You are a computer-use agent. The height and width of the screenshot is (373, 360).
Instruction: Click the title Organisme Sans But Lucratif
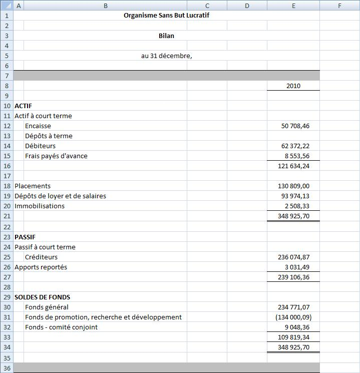pyautogui.click(x=166, y=16)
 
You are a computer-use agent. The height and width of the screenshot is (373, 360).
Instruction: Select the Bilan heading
pyautogui.click(x=166, y=36)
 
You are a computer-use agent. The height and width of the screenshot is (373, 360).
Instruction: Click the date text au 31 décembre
pyautogui.click(x=166, y=56)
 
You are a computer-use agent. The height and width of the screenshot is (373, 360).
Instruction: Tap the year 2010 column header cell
pyautogui.click(x=293, y=86)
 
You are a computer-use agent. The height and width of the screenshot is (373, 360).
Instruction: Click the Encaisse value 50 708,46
pyautogui.click(x=295, y=126)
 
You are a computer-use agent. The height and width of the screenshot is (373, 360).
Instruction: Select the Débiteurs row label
pyautogui.click(x=40, y=146)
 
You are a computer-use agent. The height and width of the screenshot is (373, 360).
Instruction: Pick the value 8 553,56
pyautogui.click(x=296, y=156)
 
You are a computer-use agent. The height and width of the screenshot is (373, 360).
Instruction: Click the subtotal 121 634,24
pyautogui.click(x=293, y=166)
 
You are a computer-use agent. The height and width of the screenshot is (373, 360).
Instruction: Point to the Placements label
pyautogui.click(x=33, y=186)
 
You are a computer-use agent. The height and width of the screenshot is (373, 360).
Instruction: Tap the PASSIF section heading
pyautogui.click(x=25, y=237)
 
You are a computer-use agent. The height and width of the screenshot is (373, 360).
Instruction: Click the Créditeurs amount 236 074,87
pyautogui.click(x=293, y=257)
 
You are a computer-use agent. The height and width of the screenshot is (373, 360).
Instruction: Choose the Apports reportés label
pyautogui.click(x=41, y=267)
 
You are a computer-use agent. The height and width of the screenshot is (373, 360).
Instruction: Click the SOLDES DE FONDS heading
pyautogui.click(x=42, y=297)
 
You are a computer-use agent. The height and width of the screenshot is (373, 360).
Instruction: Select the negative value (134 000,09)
pyautogui.click(x=293, y=317)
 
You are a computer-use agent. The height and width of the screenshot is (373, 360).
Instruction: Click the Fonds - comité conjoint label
pyautogui.click(x=61, y=327)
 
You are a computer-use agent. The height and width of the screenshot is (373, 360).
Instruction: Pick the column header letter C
pyautogui.click(x=207, y=6)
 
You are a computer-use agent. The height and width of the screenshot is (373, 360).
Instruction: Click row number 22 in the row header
pyautogui.click(x=7, y=227)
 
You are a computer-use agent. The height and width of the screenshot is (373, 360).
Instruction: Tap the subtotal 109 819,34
pyautogui.click(x=293, y=337)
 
